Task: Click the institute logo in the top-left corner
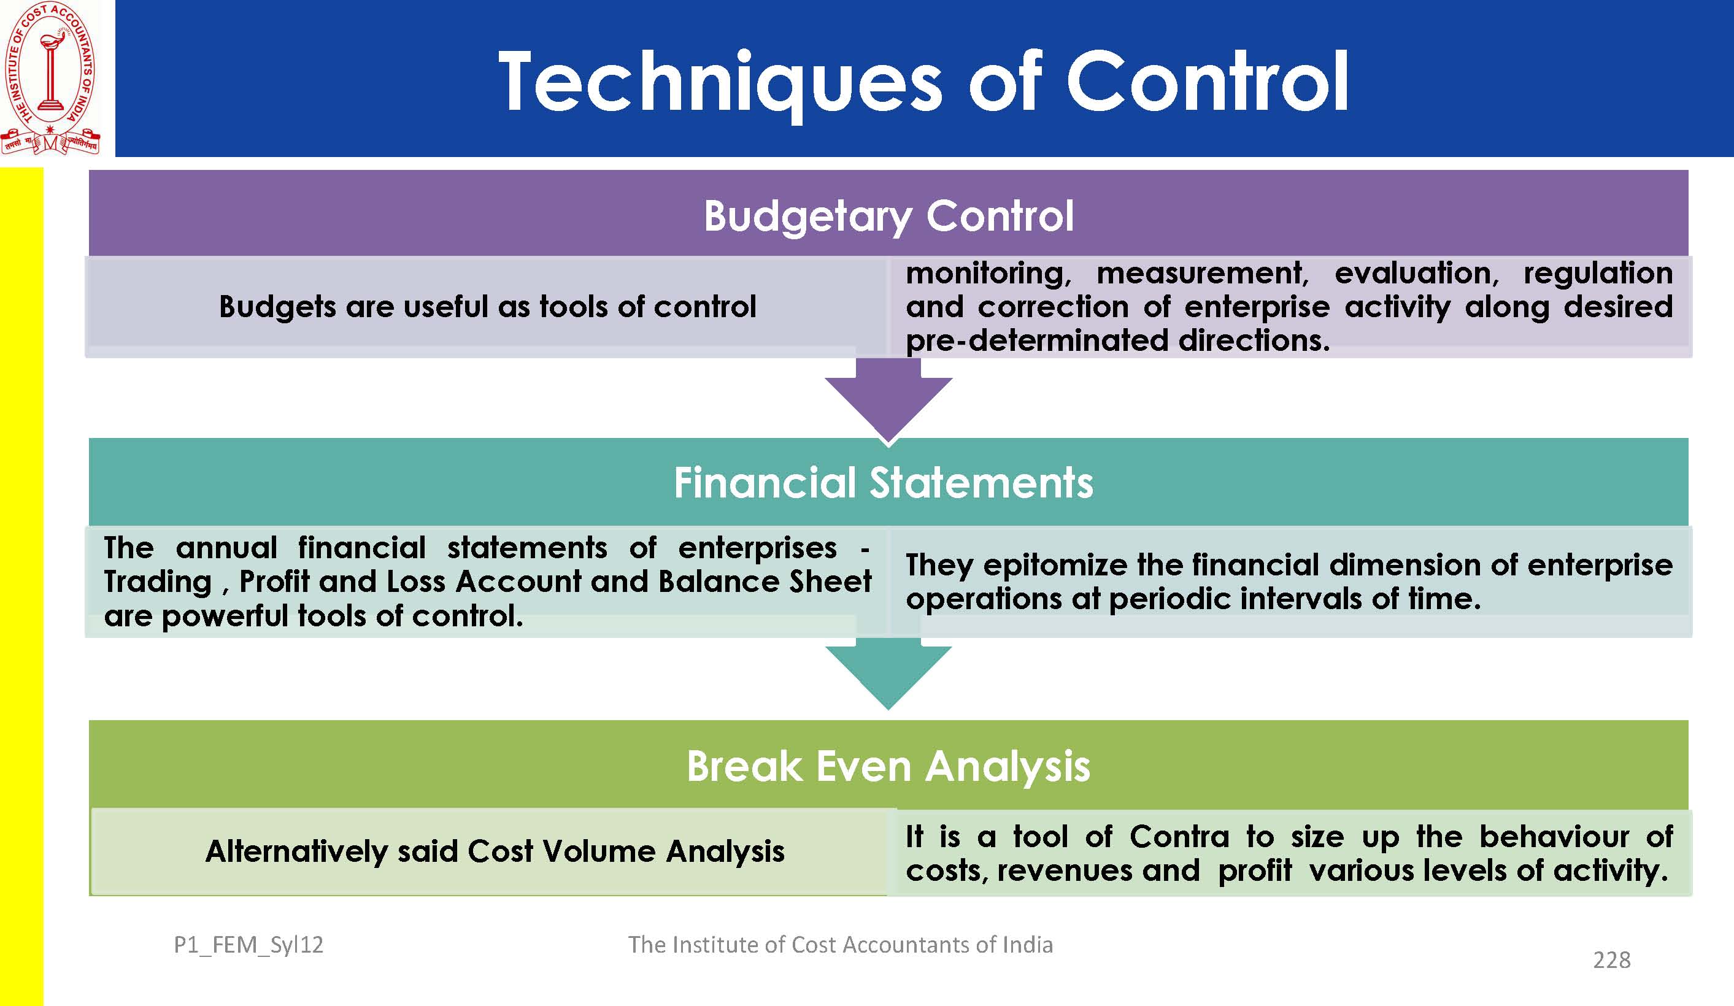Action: [x=51, y=78]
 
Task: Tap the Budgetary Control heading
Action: [x=888, y=217]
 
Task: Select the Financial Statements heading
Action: [x=884, y=482]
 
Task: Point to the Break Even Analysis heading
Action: [x=888, y=767]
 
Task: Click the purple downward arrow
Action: [x=888, y=399]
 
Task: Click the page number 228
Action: [x=1611, y=960]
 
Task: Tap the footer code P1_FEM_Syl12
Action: [x=249, y=945]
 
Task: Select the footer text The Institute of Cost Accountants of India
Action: [x=840, y=945]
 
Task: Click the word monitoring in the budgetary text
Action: [x=988, y=273]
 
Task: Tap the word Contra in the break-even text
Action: [x=1179, y=837]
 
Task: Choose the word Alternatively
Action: [x=296, y=852]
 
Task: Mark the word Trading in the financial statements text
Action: [x=158, y=582]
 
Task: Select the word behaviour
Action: [x=1554, y=837]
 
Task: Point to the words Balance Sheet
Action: [x=765, y=582]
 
